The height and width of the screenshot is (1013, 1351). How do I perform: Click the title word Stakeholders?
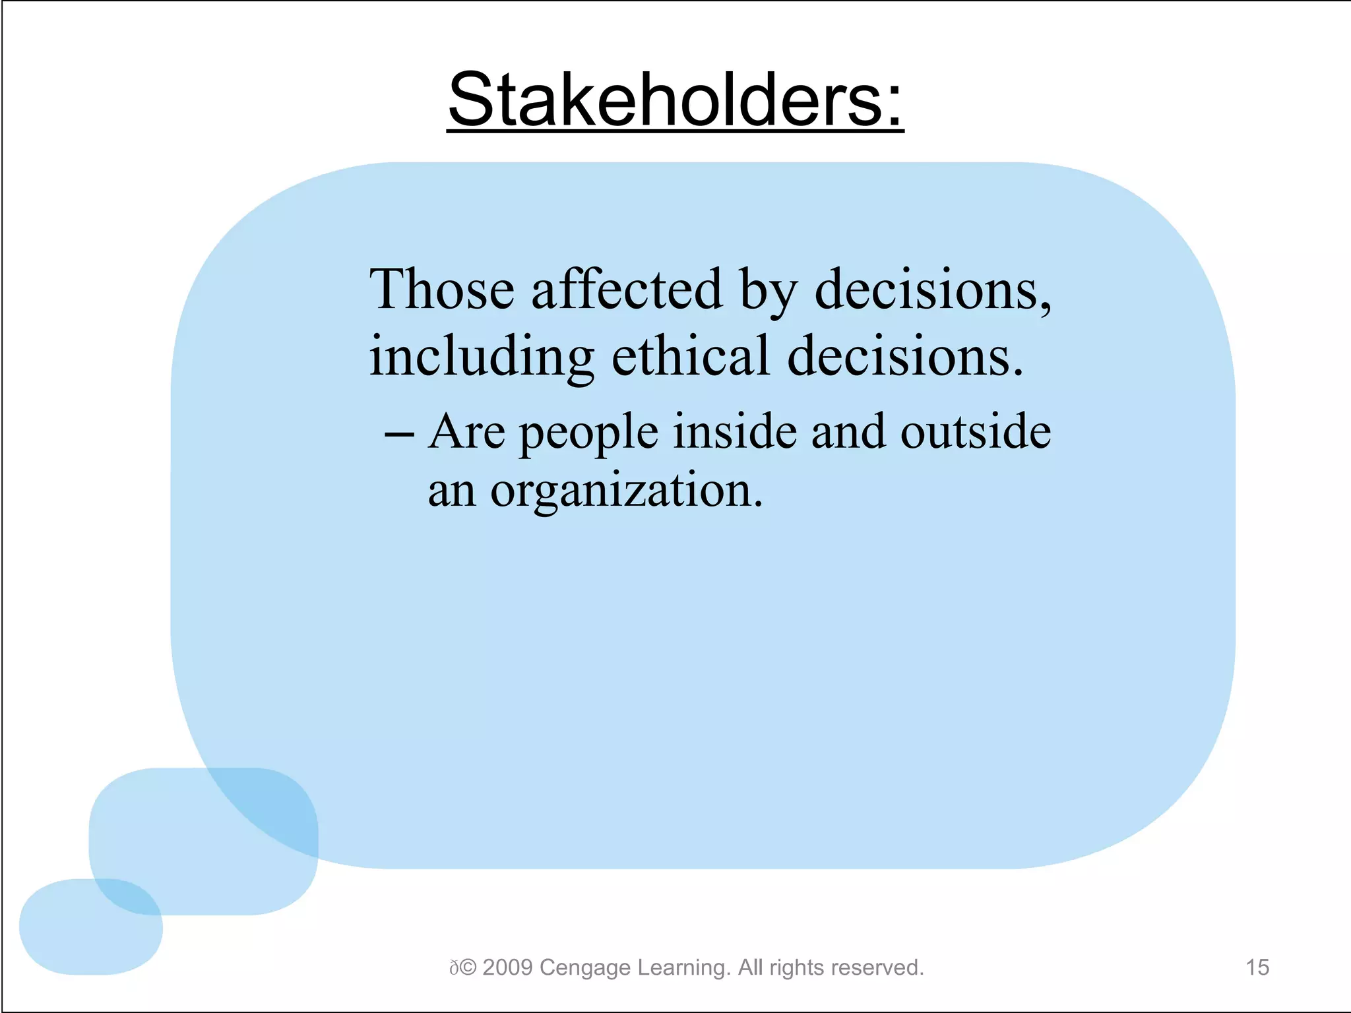(x=674, y=100)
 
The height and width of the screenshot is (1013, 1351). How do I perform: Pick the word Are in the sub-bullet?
(x=466, y=431)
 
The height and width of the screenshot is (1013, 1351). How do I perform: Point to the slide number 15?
(x=1257, y=967)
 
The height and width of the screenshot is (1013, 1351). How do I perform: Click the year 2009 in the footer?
(x=507, y=967)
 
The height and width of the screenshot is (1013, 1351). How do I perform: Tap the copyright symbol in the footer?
(x=468, y=967)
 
